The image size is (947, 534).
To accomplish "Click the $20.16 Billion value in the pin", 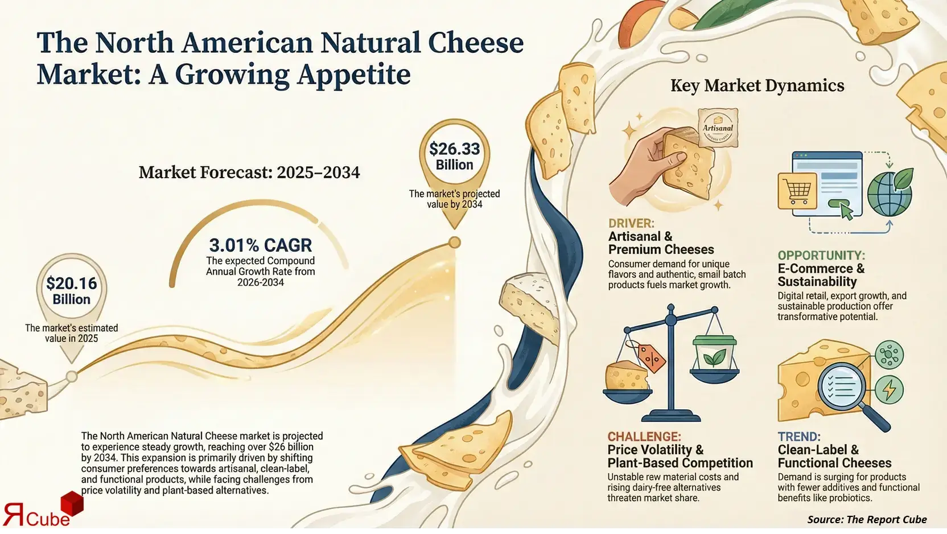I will click(72, 291).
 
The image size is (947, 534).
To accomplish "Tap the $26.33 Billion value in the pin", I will click(454, 157).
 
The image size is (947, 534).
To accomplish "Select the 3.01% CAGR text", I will click(260, 245).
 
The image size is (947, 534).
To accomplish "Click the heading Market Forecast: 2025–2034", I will click(249, 172).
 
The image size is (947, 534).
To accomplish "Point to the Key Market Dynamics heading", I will click(757, 86).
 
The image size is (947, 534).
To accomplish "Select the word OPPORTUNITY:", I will click(821, 256).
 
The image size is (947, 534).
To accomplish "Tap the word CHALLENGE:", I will click(644, 437).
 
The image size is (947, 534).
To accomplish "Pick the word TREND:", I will click(798, 437).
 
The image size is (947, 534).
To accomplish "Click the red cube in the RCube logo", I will click(72, 504).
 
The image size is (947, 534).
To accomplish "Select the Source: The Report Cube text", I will click(866, 519).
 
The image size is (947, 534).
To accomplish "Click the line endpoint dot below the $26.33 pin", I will click(454, 243).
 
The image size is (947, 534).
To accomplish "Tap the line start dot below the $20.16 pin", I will click(72, 376).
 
